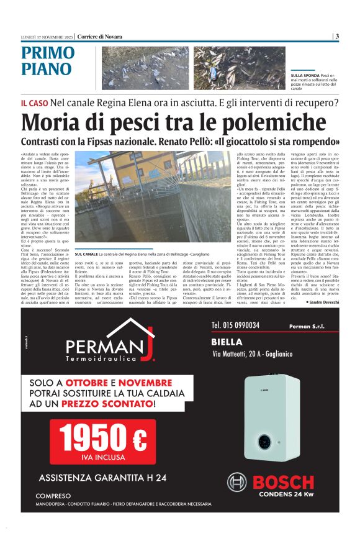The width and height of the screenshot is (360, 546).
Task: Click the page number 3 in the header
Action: (337, 36)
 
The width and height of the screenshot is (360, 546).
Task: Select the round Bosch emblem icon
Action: (236, 482)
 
